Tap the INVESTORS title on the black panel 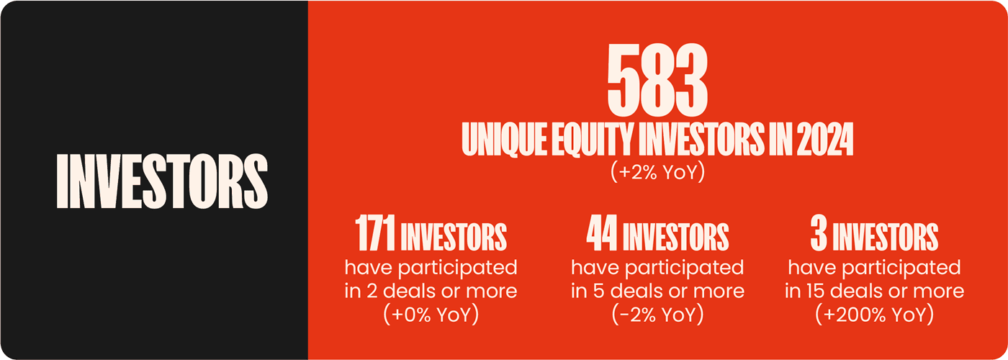[x=161, y=180]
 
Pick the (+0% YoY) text [x=431, y=315]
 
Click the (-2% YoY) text [x=657, y=315]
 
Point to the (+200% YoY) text [x=874, y=315]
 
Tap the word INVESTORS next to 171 [x=454, y=236]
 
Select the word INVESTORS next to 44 [x=677, y=236]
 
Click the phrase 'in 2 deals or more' [x=431, y=291]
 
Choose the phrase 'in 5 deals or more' [x=657, y=291]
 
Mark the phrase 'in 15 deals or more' [x=874, y=291]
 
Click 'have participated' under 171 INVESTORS [x=431, y=268]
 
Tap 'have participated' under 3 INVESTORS [x=874, y=268]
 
